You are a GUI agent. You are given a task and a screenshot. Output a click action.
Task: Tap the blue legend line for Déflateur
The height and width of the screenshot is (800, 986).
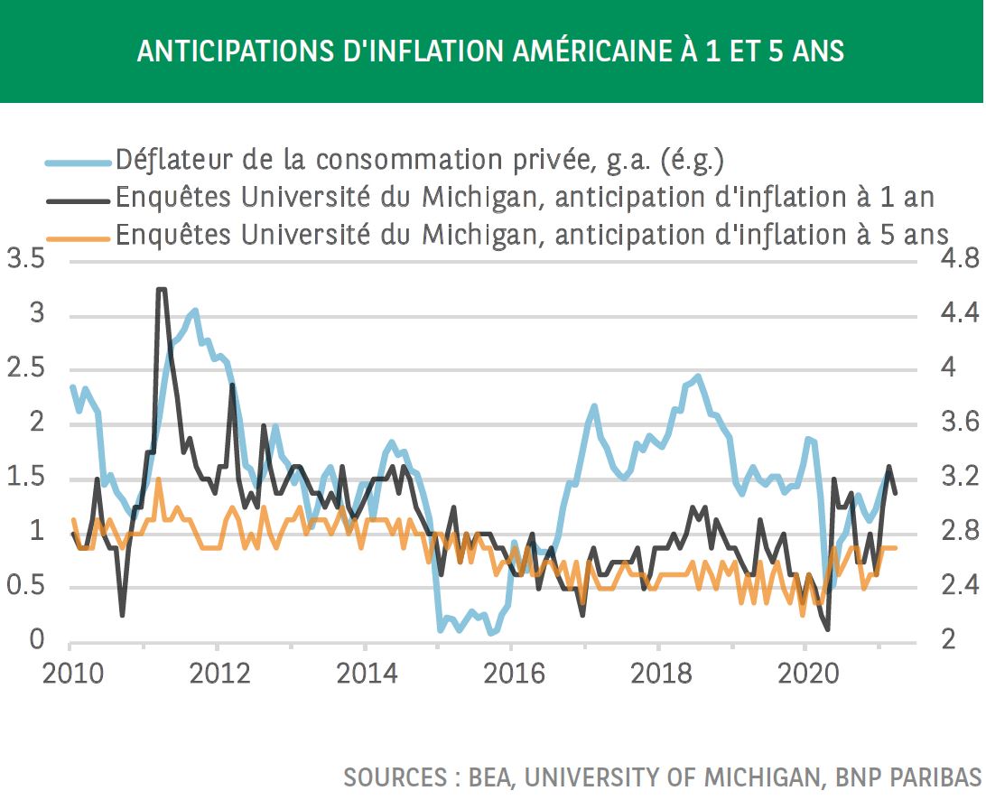coord(78,163)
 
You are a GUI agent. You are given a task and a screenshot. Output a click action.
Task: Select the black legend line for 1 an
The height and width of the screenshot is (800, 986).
coord(78,200)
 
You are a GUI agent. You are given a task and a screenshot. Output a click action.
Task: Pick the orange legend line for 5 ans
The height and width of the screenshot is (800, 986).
coord(78,238)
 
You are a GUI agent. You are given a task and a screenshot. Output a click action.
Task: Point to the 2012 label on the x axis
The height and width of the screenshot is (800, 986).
coord(219,674)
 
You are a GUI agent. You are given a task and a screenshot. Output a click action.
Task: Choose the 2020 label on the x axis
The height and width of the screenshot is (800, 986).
coord(808,674)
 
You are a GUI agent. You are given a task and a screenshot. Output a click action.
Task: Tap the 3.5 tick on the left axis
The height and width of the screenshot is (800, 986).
coord(26,258)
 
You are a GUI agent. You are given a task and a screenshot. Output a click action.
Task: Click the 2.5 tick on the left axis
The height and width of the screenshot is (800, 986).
coord(26,367)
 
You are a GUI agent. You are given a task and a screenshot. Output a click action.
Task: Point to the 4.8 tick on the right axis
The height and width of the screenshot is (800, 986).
coord(960,258)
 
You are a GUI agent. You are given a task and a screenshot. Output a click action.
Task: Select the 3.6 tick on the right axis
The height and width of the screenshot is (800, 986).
coord(960,422)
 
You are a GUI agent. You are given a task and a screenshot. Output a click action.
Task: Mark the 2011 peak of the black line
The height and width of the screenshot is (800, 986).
coord(161,289)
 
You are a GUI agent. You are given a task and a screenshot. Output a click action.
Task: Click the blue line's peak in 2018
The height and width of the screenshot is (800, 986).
coord(697,377)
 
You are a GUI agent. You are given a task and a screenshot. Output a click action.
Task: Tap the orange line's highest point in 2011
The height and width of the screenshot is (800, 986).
coord(159,479)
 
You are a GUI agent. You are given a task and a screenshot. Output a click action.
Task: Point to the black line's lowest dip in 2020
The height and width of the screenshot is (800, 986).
coord(827,629)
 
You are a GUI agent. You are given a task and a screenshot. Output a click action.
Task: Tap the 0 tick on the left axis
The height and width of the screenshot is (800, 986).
coord(37,640)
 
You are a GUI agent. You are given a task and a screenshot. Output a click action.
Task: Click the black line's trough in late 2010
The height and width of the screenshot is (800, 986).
coord(122,614)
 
